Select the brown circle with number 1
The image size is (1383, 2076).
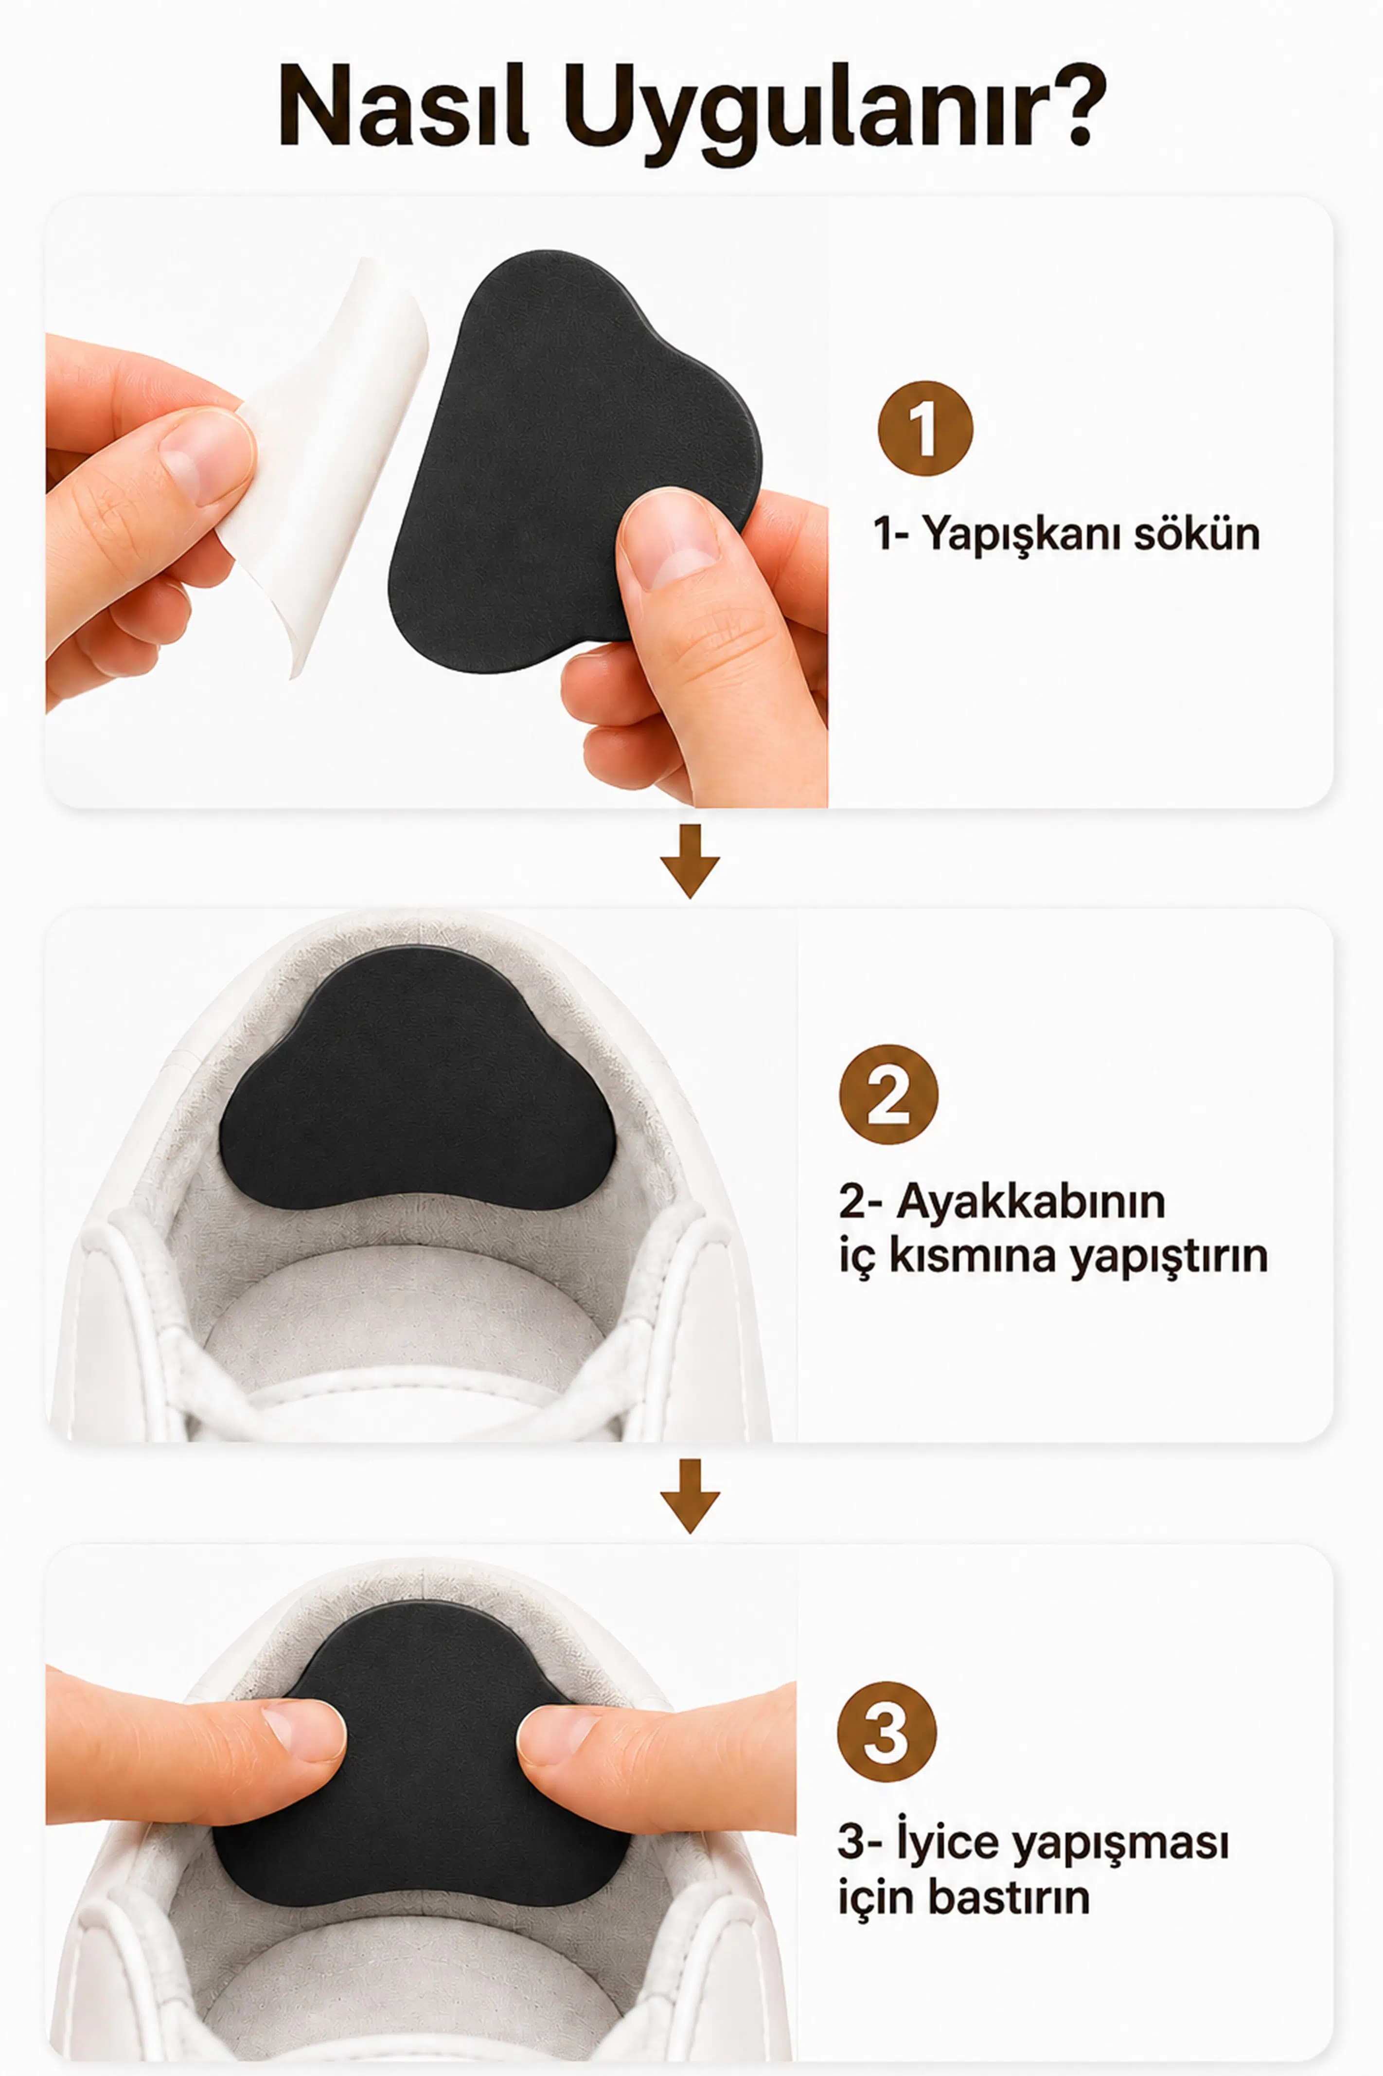925,428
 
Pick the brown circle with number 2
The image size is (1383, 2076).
888,1094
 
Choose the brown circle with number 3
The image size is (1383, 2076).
887,1731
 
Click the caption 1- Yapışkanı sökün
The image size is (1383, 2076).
1066,535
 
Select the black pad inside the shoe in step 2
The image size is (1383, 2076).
416,1078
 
